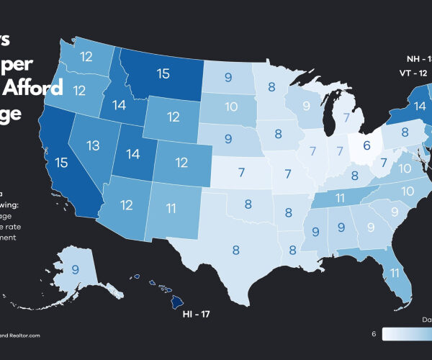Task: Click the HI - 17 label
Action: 196,315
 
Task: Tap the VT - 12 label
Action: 415,73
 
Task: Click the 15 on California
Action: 61,163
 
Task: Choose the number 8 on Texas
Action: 235,250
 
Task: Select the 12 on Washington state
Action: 88,56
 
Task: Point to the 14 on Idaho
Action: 118,104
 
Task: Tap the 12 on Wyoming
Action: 173,117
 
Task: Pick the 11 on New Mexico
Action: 170,209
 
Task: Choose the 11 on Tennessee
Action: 340,197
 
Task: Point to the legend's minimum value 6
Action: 374,333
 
